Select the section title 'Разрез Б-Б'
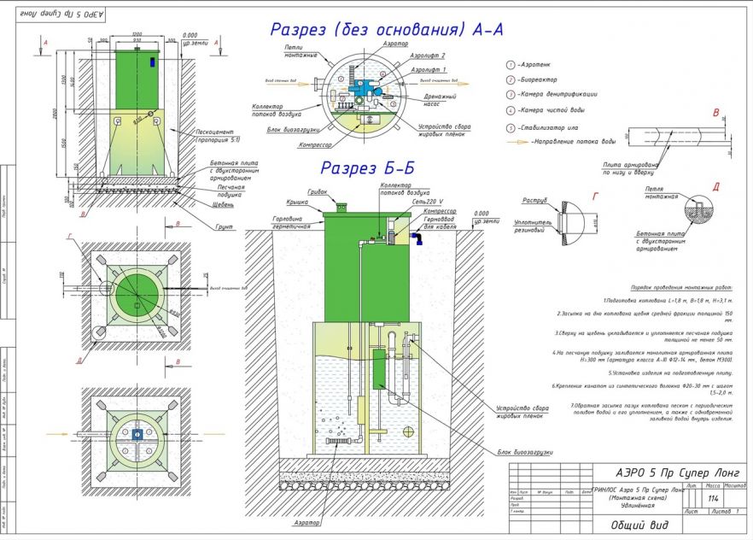(367, 168)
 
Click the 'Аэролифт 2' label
(427, 56)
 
